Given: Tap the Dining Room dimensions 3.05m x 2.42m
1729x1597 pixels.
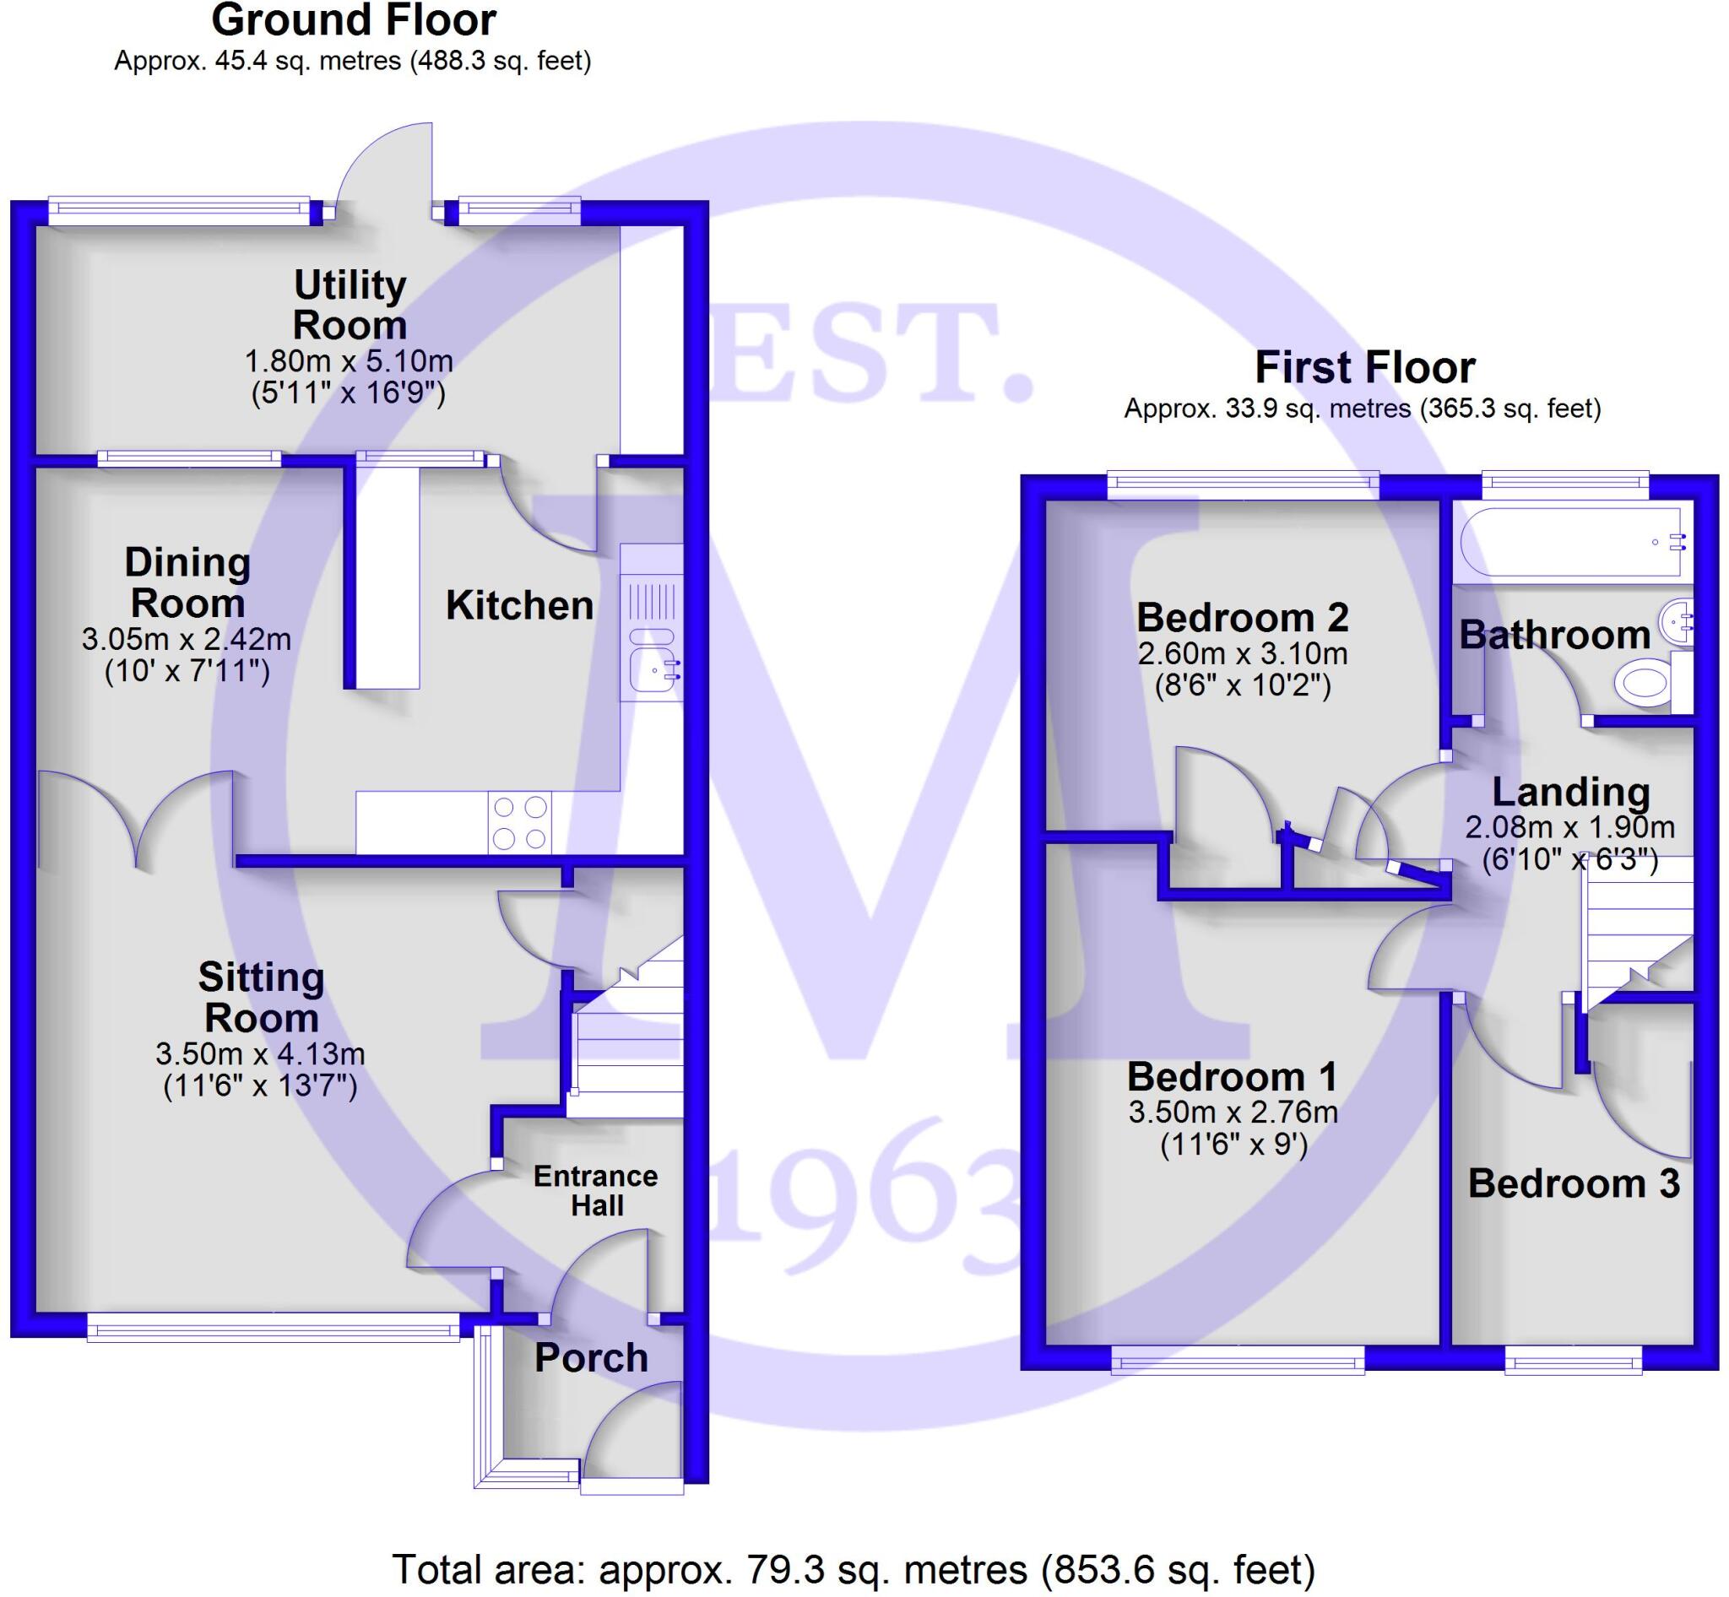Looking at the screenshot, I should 187,640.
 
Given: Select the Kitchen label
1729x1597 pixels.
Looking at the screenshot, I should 519,605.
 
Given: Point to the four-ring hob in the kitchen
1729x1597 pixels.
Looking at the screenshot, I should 519,823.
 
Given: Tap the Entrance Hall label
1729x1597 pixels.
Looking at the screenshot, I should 596,1190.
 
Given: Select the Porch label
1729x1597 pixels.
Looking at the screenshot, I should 591,1357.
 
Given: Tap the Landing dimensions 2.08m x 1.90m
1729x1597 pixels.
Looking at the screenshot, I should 1570,827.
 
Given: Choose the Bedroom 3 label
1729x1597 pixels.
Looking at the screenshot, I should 1574,1183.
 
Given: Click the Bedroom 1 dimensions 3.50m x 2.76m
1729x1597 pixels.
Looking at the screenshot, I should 1233,1112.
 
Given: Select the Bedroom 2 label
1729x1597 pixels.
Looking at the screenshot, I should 1242,617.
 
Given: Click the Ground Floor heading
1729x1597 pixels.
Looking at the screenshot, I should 354,21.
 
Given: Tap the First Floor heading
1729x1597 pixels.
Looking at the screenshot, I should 1364,367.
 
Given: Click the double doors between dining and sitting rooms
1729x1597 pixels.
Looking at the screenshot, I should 137,817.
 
